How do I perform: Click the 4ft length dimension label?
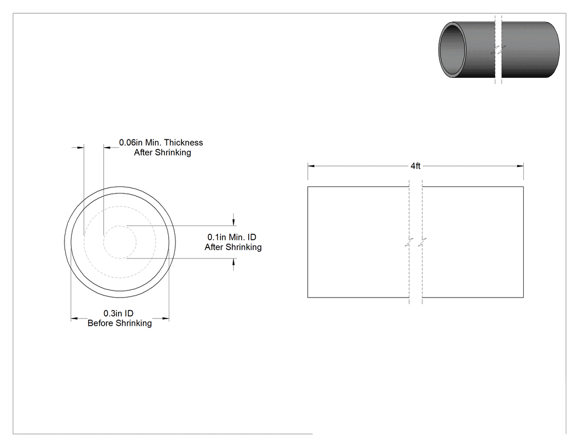(x=415, y=166)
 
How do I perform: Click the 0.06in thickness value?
(x=131, y=143)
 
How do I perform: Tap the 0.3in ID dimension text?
(x=118, y=314)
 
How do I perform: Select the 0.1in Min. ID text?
(x=232, y=237)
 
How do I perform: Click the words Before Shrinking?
(x=120, y=324)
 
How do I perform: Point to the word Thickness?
(x=184, y=143)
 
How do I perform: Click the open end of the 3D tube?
(x=452, y=50)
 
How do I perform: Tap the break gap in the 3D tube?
(x=498, y=50)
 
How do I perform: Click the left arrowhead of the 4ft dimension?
(x=311, y=166)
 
